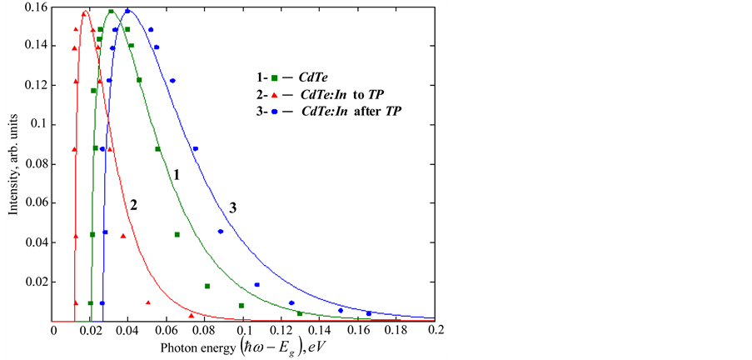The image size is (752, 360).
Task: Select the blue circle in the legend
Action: point(274,110)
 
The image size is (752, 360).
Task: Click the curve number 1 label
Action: point(177,174)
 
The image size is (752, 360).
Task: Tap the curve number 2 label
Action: point(132,204)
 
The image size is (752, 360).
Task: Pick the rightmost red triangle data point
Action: point(192,315)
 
